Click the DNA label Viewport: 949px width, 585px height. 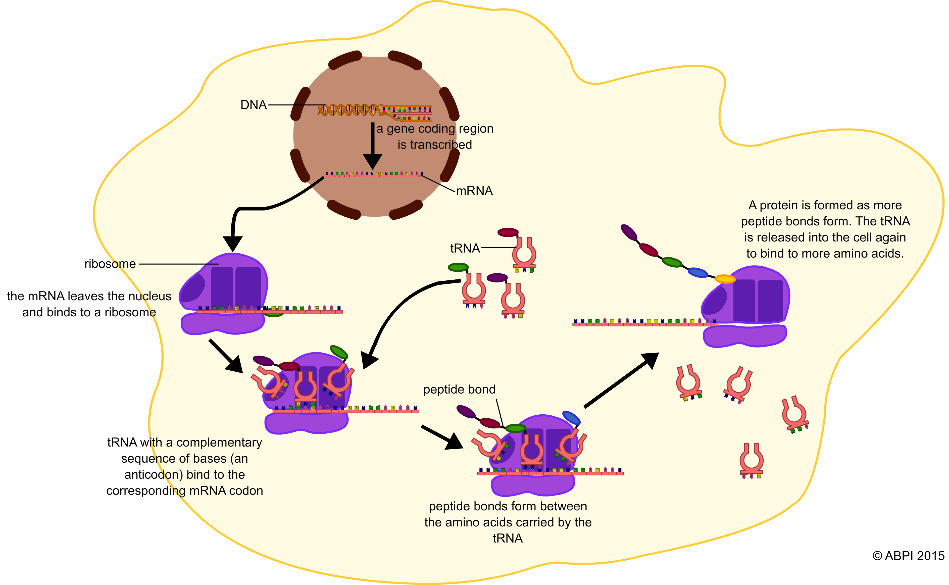(x=254, y=105)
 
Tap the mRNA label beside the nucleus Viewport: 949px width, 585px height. (x=474, y=191)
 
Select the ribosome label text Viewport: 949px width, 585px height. (x=110, y=264)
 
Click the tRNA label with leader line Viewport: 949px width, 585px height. (x=465, y=248)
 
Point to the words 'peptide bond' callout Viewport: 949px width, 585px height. (x=459, y=389)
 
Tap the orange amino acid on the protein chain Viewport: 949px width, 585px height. (x=725, y=279)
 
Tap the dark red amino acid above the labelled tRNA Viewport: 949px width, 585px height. (x=508, y=232)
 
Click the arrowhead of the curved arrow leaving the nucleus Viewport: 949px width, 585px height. (x=233, y=244)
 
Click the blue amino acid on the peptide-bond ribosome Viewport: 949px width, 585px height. (x=571, y=418)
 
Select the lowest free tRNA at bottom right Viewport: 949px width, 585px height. (x=751, y=460)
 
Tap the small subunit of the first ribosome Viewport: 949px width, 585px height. (x=222, y=324)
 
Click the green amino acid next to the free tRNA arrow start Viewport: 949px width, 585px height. (x=458, y=267)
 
